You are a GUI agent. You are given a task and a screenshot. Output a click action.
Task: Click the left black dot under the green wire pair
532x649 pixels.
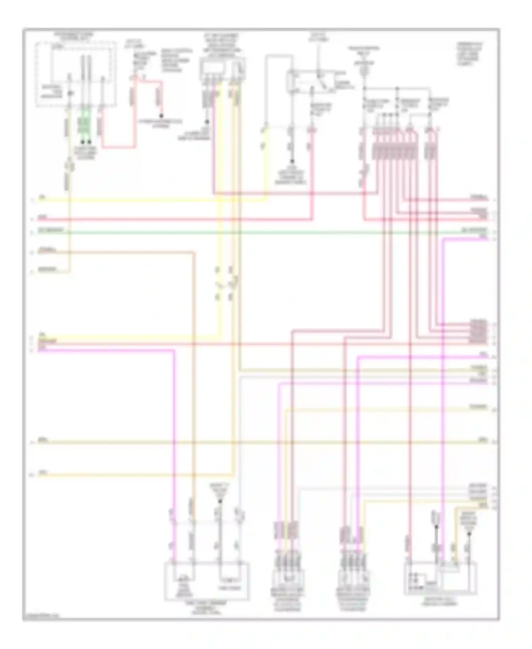pos(82,142)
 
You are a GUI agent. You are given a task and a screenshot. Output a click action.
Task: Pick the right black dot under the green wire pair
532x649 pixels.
pos(89,142)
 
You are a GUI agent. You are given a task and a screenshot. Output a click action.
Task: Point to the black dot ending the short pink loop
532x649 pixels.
pos(161,116)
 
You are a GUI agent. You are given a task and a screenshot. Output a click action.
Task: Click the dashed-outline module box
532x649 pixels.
pos(76,74)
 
